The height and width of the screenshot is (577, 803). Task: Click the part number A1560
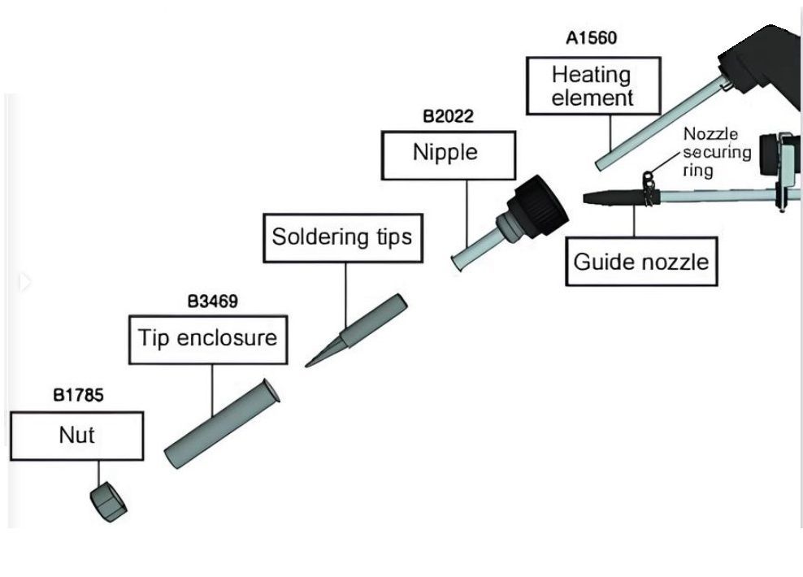click(591, 38)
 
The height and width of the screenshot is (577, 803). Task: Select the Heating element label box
click(591, 86)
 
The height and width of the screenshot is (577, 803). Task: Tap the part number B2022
click(447, 116)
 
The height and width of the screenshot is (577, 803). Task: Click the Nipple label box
click(448, 154)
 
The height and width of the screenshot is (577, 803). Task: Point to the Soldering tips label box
click(342, 237)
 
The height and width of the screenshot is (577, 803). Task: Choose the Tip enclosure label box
click(208, 337)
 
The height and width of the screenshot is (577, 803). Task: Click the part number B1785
click(79, 396)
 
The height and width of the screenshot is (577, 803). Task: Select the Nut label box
click(76, 436)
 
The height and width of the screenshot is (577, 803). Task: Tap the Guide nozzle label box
click(641, 262)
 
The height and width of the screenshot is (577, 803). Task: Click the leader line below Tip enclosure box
click(213, 391)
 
